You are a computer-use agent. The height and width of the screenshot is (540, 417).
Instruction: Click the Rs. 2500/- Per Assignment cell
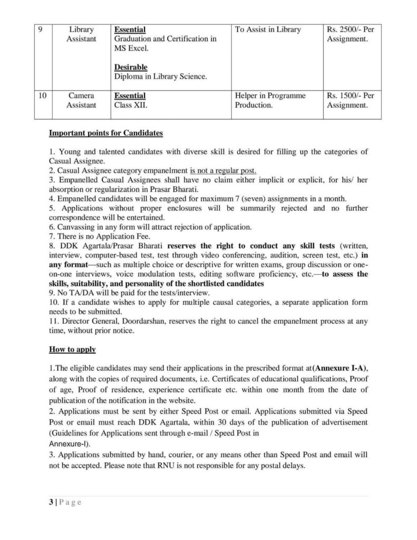coord(347,34)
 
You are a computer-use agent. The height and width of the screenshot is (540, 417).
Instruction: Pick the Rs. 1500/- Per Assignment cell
coord(347,101)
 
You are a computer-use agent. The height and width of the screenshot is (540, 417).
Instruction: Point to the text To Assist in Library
coord(267,30)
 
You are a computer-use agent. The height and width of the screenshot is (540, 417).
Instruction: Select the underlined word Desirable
coord(131,67)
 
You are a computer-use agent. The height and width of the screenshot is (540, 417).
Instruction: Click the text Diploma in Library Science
coord(160,77)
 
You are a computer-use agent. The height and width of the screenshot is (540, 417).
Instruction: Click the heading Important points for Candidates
coord(105,133)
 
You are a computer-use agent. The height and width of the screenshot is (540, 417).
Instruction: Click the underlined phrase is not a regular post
coord(224,170)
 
